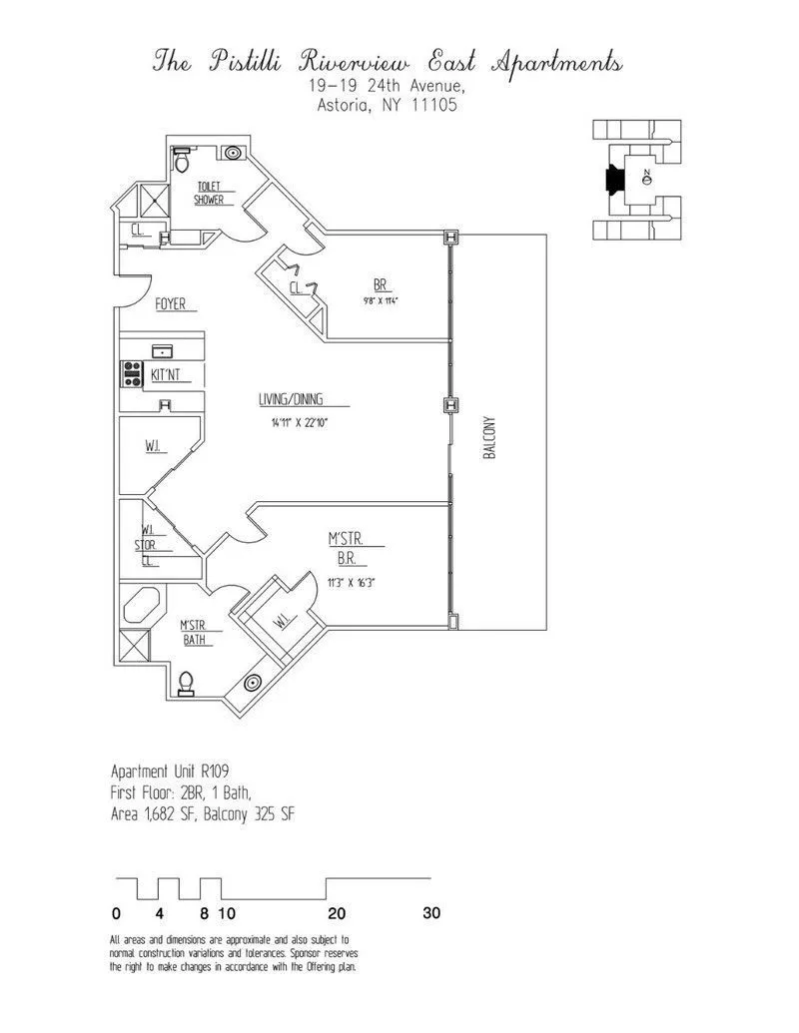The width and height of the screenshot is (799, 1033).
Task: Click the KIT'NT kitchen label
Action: click(x=166, y=375)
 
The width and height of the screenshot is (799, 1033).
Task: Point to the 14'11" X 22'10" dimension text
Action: click(x=299, y=423)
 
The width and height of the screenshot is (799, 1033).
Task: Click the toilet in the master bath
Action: click(x=185, y=684)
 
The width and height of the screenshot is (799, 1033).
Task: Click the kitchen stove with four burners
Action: click(x=131, y=374)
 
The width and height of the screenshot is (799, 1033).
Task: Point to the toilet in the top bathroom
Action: click(x=181, y=159)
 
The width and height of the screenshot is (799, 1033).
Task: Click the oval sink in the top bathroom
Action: click(x=234, y=154)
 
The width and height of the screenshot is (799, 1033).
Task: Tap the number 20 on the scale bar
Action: click(x=337, y=912)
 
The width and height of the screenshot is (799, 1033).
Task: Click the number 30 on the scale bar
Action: click(x=430, y=912)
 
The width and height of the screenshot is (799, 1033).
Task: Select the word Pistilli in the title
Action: click(x=236, y=62)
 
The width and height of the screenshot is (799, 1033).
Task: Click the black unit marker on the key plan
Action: click(x=614, y=179)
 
